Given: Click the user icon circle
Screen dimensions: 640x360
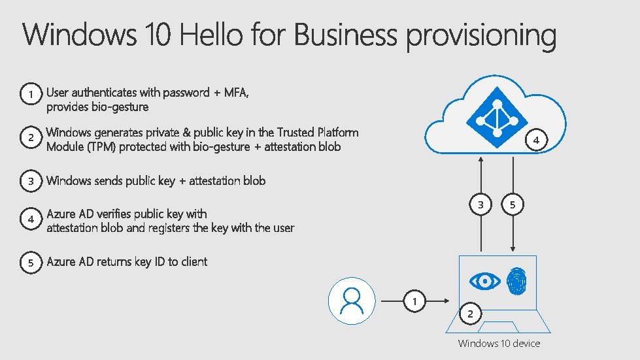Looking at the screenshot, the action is (352, 301).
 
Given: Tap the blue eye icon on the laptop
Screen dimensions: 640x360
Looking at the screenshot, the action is (485, 281).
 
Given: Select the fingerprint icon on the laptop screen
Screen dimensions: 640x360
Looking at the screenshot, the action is (516, 281).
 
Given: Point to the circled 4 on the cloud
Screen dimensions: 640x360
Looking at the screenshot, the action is (536, 140).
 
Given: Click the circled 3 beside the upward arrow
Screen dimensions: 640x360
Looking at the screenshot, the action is (481, 205).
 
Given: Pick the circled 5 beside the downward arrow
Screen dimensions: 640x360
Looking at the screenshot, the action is (513, 205).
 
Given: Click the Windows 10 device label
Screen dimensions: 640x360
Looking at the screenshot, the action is (499, 343).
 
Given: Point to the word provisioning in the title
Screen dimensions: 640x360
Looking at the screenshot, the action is (481, 36).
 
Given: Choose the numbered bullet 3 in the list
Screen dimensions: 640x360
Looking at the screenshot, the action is (30, 182).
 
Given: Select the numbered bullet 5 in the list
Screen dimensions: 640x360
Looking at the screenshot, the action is (30, 263).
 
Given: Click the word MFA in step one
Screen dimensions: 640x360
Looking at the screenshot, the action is (236, 93).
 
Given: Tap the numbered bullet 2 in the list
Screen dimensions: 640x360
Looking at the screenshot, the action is (30, 138).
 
